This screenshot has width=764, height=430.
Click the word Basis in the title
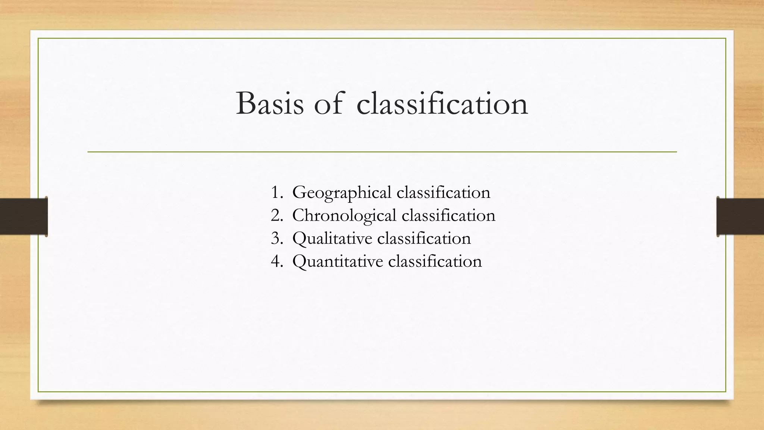click(270, 104)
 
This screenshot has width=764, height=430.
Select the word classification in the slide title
click(442, 104)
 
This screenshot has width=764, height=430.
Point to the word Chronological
click(344, 216)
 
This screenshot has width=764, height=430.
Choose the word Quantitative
click(338, 261)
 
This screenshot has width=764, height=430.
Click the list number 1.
click(276, 193)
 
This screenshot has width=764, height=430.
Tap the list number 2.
click(276, 216)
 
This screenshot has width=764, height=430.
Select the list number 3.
click(276, 239)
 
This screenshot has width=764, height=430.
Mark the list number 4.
click(276, 261)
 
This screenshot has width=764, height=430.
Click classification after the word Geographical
click(443, 193)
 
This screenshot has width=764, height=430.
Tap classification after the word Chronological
click(448, 216)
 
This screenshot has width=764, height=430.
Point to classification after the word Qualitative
click(424, 239)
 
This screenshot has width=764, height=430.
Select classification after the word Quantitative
click(435, 261)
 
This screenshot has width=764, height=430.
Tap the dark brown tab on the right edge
click(740, 216)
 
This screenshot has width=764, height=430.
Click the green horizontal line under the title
click(382, 152)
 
